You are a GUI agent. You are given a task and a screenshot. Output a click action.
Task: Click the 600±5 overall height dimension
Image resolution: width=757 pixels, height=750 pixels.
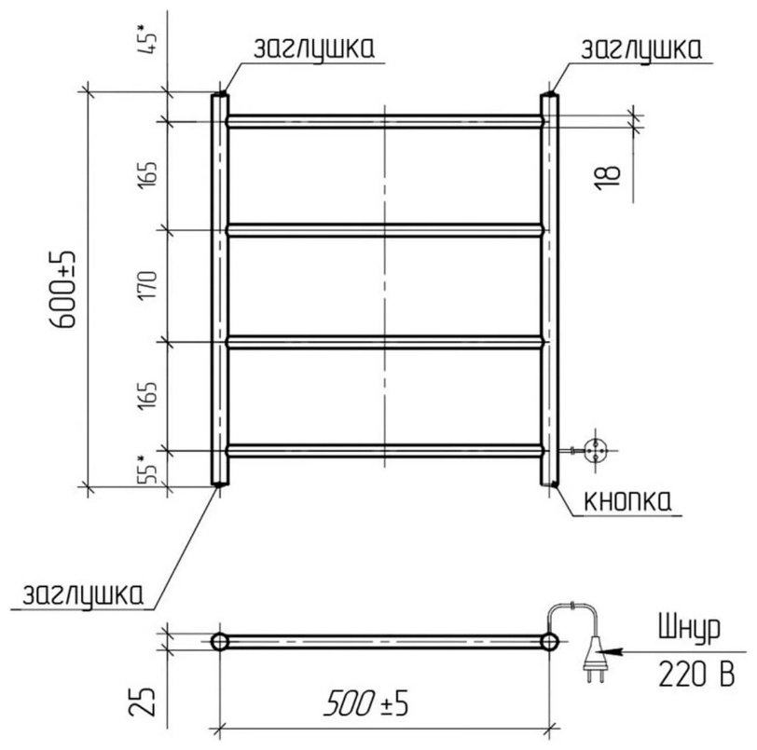pyautogui.click(x=63, y=290)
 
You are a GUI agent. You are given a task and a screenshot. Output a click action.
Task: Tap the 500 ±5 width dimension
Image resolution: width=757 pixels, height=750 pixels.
pyautogui.click(x=366, y=702)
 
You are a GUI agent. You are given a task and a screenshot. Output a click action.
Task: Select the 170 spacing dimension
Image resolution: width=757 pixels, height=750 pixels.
pyautogui.click(x=148, y=285)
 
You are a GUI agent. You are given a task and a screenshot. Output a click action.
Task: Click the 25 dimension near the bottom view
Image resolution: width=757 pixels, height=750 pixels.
pyautogui.click(x=143, y=701)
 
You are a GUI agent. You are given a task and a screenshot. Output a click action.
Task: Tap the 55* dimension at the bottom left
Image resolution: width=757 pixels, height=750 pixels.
pyautogui.click(x=147, y=469)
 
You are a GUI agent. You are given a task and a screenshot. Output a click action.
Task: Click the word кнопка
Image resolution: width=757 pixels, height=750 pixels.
pyautogui.click(x=627, y=501)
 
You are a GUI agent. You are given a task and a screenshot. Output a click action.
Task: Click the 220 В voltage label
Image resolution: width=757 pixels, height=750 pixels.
pyautogui.click(x=696, y=674)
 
